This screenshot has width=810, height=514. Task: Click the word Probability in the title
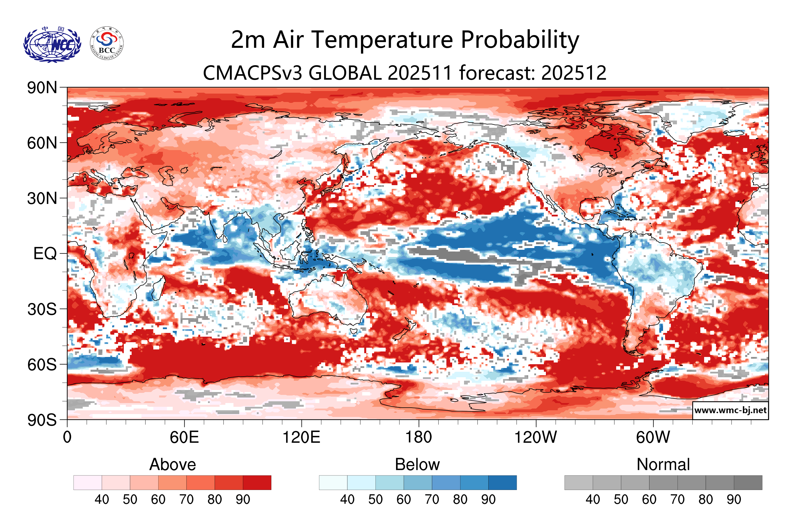pyautogui.click(x=520, y=40)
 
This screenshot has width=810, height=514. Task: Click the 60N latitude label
pyautogui.click(x=42, y=143)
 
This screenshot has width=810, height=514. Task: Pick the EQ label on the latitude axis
pyautogui.click(x=45, y=254)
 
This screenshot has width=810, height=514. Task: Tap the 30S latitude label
pyautogui.click(x=42, y=309)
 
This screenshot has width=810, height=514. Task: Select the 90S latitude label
pyautogui.click(x=42, y=420)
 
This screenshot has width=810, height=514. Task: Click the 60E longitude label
pyautogui.click(x=184, y=438)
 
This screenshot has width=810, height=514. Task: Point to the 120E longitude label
pyautogui.click(x=301, y=438)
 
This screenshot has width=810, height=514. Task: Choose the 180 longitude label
pyautogui.click(x=419, y=438)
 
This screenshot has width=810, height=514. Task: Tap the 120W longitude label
pyautogui.click(x=535, y=438)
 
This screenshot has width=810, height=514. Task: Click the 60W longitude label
pyautogui.click(x=653, y=438)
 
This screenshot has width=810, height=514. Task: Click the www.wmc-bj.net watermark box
pyautogui.click(x=730, y=410)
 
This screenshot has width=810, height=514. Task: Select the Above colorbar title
pyautogui.click(x=173, y=464)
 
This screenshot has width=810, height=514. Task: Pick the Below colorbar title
pyautogui.click(x=417, y=464)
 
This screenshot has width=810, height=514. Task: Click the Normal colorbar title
pyautogui.click(x=663, y=464)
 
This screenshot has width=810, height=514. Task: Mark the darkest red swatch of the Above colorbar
pyautogui.click(x=257, y=482)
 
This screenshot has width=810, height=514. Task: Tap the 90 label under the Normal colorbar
pyautogui.click(x=734, y=500)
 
